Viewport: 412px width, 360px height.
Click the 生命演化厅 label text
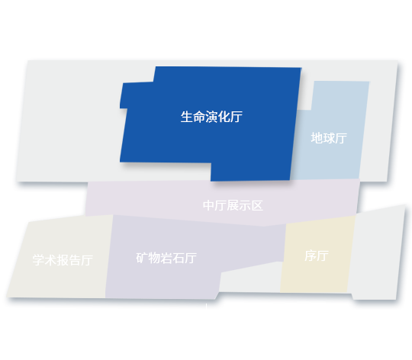coord(211,117)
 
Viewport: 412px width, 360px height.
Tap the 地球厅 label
coord(329,138)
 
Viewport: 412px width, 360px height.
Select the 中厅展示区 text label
coord(233,205)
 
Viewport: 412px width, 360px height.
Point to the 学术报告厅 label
coord(63,260)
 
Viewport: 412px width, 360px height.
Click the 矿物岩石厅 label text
coord(166,258)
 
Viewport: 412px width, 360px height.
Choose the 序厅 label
coord(317,256)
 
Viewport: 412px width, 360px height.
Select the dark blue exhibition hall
coord(211,124)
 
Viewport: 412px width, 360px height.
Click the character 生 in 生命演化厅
coord(187,117)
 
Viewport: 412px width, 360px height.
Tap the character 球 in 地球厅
coord(329,138)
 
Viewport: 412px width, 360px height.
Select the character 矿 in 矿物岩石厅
coord(142,258)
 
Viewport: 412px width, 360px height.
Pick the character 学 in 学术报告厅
coord(38,260)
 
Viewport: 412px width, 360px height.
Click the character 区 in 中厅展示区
coord(257,205)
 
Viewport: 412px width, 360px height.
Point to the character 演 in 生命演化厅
coord(211,117)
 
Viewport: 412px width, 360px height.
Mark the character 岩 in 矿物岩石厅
coord(166,258)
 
